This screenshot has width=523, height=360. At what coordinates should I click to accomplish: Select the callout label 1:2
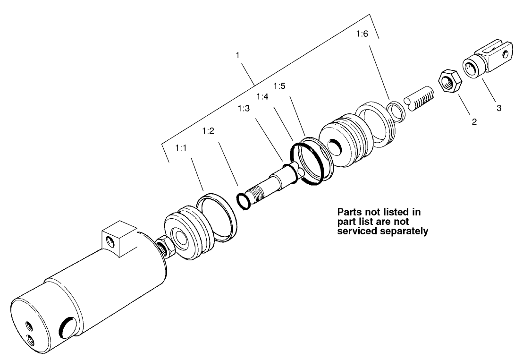[208, 131]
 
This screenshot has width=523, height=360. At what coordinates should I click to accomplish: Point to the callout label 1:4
[262, 97]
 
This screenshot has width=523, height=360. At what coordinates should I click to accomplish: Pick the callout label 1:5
[280, 86]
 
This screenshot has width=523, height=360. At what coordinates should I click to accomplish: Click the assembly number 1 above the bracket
[238, 55]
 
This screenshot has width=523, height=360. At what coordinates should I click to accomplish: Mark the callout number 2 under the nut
[474, 122]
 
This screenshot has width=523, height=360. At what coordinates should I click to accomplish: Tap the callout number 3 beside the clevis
[498, 108]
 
